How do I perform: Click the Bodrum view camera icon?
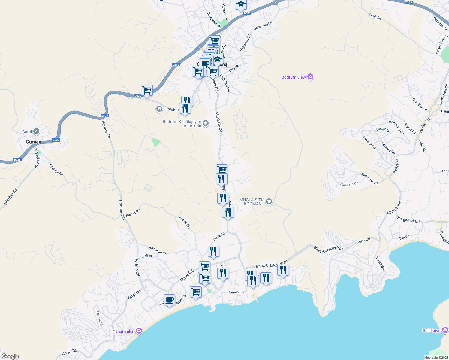[310, 77]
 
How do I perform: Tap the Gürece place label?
[33, 142]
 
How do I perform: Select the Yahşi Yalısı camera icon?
[139, 331]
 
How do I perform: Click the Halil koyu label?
[431, 331]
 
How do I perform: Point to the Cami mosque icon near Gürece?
[36, 131]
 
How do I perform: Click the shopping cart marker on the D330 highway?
[147, 90]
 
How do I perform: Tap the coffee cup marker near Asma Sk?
[169, 300]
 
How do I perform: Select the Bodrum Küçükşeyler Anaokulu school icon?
[206, 123]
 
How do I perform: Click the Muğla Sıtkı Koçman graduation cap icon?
[269, 201]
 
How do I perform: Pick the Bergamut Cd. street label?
[408, 220]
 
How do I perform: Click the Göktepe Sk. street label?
[56, 170]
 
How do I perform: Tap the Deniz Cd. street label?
[219, 236]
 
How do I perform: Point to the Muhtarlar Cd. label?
[369, 178]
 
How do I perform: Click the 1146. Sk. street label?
[375, 16]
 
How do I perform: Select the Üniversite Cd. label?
[263, 25]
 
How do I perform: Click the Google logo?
[10, 356]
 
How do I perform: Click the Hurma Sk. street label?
[236, 292]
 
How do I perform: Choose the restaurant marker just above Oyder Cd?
[213, 251]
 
